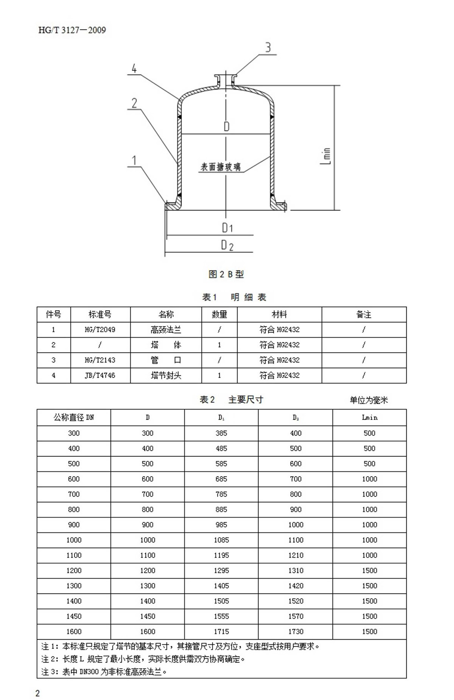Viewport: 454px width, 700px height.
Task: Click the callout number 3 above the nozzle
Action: pyautogui.click(x=268, y=48)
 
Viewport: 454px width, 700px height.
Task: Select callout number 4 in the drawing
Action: pyautogui.click(x=134, y=68)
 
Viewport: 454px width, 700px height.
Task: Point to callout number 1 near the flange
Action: pyautogui.click(x=134, y=161)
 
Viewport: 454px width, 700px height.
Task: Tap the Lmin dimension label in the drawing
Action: pyautogui.click(x=326, y=156)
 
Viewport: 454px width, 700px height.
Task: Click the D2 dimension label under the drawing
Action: pyautogui.click(x=227, y=245)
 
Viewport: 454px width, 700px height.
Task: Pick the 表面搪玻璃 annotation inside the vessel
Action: pyautogui.click(x=220, y=167)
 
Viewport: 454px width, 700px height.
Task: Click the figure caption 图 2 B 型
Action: pyautogui.click(x=226, y=274)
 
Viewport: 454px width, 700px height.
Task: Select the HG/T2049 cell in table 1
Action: pyautogui.click(x=100, y=330)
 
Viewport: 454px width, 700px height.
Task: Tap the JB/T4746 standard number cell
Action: pyautogui.click(x=100, y=376)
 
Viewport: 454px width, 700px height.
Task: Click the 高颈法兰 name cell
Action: pyautogui.click(x=166, y=330)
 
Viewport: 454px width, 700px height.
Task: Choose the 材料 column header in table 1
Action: pyautogui.click(x=279, y=314)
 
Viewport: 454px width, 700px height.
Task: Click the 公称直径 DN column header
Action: pyautogui.click(x=74, y=418)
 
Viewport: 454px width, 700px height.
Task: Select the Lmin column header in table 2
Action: pyautogui.click(x=369, y=418)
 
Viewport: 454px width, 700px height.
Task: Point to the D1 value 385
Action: pyautogui.click(x=221, y=433)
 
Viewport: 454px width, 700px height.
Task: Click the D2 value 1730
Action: pyautogui.click(x=295, y=632)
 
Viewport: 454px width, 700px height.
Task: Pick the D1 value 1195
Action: pyautogui.click(x=221, y=555)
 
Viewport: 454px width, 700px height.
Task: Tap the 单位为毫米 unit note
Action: pyautogui.click(x=368, y=400)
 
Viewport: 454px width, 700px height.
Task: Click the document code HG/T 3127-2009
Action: pyautogui.click(x=72, y=30)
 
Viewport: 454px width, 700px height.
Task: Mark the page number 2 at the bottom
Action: pyautogui.click(x=37, y=693)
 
